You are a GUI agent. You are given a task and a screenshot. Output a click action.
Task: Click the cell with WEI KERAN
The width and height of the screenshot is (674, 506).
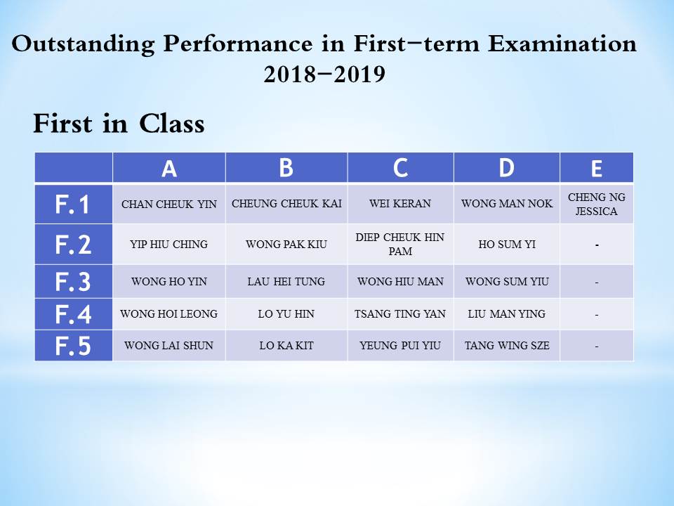pyautogui.click(x=400, y=204)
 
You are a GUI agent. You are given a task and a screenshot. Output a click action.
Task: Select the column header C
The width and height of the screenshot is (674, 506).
pyautogui.click(x=400, y=167)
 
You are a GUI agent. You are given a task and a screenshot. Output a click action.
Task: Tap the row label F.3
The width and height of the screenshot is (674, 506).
pyautogui.click(x=74, y=282)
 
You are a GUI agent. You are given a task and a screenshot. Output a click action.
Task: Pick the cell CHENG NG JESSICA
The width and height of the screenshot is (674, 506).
pyautogui.click(x=597, y=204)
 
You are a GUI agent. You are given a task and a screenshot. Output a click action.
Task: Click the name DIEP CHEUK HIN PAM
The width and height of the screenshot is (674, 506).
pyautogui.click(x=400, y=244)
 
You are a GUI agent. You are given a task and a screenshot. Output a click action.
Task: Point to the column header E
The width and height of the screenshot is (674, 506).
pyautogui.click(x=597, y=167)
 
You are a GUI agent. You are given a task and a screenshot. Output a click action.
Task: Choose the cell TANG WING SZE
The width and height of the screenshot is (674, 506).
pyautogui.click(x=507, y=346)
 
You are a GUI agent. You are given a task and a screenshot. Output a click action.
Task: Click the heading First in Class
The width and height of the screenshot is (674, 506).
pyautogui.click(x=119, y=124)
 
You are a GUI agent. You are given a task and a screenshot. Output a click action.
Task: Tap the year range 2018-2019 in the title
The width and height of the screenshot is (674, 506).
pyautogui.click(x=324, y=74)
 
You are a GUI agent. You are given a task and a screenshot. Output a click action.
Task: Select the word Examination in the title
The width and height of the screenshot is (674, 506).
pyautogui.click(x=562, y=44)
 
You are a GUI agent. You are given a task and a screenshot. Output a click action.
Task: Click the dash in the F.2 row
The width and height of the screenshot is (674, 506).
pyautogui.click(x=597, y=245)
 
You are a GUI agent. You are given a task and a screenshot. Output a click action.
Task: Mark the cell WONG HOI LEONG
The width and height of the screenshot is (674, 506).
pyautogui.click(x=169, y=314)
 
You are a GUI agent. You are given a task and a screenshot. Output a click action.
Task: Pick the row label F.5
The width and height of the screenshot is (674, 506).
pyautogui.click(x=74, y=346)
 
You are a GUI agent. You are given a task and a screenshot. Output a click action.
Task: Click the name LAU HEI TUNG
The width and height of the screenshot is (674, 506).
pyautogui.click(x=286, y=281)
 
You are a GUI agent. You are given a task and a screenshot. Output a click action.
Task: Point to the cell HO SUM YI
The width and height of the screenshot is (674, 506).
pyautogui.click(x=507, y=244)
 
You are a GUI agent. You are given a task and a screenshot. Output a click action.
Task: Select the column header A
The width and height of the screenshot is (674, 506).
pyautogui.click(x=169, y=167)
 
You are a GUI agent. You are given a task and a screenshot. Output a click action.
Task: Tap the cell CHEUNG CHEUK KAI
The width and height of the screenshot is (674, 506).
pyautogui.click(x=286, y=204)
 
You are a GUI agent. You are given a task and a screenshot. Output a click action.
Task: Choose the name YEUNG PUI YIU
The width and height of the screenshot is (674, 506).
pyautogui.click(x=400, y=346)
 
